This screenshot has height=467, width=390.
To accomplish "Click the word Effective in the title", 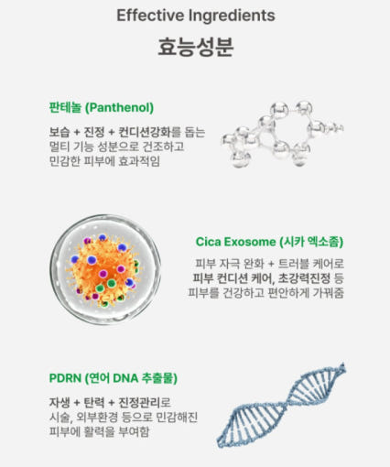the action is pyautogui.click(x=150, y=16).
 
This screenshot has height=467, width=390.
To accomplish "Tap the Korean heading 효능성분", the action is pyautogui.click(x=196, y=47).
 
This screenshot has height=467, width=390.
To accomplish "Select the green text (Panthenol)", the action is pyautogui.click(x=119, y=108).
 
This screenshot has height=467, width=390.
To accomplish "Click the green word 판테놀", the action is pyautogui.click(x=65, y=108).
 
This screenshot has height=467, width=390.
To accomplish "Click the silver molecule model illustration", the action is pyautogui.click(x=283, y=134).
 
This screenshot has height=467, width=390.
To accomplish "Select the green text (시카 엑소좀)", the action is pyautogui.click(x=311, y=242).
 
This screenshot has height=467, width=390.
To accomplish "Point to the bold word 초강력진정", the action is pyautogui.click(x=304, y=278).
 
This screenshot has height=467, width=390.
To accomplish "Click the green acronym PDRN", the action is pyautogui.click(x=65, y=378).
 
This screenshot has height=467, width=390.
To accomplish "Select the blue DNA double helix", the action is pyautogui.click(x=281, y=406).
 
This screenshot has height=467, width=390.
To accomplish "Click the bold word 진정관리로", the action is pyautogui.click(x=145, y=402).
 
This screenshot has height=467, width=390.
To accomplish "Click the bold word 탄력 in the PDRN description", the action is pyautogui.click(x=94, y=402).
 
